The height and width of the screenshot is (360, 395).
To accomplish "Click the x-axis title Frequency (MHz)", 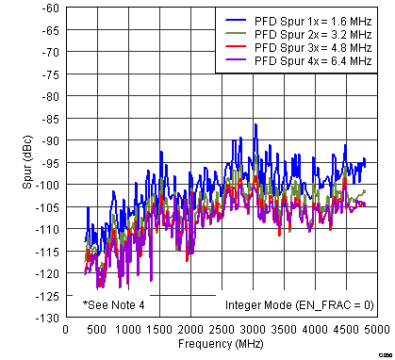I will pyautogui.click(x=221, y=346).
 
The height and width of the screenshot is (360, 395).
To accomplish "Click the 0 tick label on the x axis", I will pyautogui.click(x=64, y=330).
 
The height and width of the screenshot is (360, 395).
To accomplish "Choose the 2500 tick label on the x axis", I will pyautogui.click(x=221, y=330).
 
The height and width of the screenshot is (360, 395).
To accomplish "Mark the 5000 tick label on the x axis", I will pyautogui.click(x=377, y=330).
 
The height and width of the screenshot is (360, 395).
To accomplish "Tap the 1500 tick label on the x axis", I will pyautogui.click(x=158, y=330).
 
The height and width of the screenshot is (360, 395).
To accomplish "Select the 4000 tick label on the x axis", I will pyautogui.click(x=315, y=330).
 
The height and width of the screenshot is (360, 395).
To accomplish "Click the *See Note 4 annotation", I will pyautogui.click(x=114, y=305).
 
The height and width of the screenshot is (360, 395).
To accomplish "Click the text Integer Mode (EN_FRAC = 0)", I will pyautogui.click(x=299, y=305).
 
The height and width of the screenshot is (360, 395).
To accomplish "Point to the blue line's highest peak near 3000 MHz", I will pyautogui.click(x=255, y=124).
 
